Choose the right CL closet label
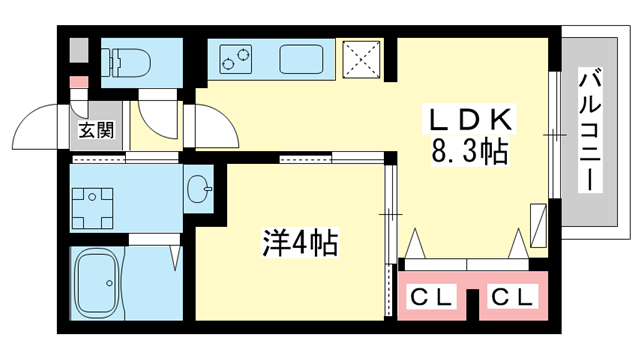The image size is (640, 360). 514,297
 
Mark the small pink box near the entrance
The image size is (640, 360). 77,80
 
